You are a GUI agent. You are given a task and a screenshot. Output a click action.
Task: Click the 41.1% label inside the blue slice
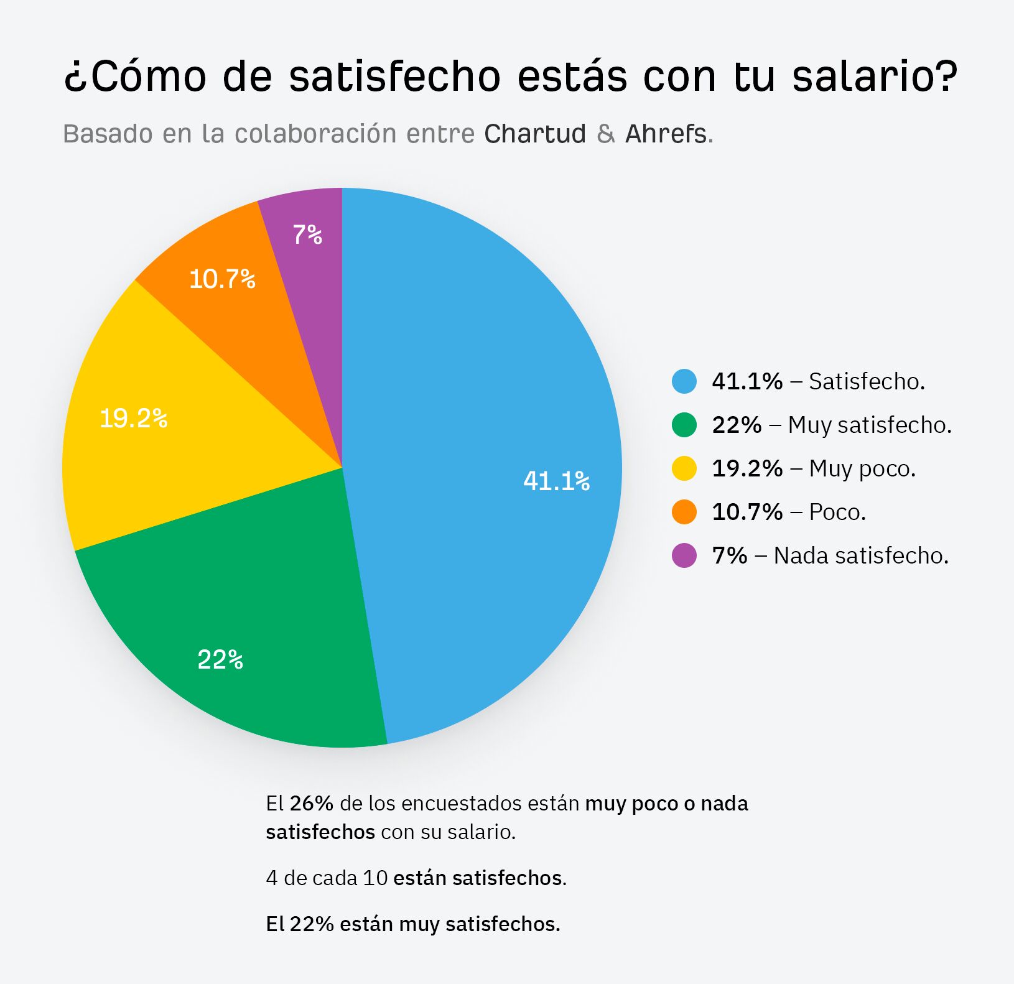coord(556,481)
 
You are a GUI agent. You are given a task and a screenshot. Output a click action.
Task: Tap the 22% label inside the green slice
coord(220,660)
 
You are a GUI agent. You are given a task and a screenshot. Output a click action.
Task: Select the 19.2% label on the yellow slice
coord(133,419)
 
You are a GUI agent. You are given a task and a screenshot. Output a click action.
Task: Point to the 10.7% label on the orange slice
coord(222,279)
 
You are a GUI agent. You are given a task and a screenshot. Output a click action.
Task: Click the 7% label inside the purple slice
coord(307,235)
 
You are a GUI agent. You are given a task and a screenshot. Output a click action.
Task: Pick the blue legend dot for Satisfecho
coord(684,381)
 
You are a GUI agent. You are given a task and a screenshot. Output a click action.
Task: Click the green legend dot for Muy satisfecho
coord(684,425)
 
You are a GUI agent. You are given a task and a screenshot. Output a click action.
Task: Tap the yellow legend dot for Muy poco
coord(684,468)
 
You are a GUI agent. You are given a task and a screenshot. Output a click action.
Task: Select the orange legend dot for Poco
coord(684,512)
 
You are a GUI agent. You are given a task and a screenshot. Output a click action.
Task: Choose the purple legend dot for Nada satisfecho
coord(684,555)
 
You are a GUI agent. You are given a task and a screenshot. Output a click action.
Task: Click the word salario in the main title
coord(875,77)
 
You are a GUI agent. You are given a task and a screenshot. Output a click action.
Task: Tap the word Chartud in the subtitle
coord(535,134)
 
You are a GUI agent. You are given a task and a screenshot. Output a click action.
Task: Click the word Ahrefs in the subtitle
coord(666,134)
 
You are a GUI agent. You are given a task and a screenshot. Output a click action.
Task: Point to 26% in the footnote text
coord(312,804)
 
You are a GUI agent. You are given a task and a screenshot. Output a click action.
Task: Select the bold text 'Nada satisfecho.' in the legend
coord(861,555)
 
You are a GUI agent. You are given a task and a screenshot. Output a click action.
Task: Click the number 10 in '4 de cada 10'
coord(375,878)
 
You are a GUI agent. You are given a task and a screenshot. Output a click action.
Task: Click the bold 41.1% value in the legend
coord(747,381)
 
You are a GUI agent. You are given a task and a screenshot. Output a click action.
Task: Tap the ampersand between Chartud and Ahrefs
coord(605,134)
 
